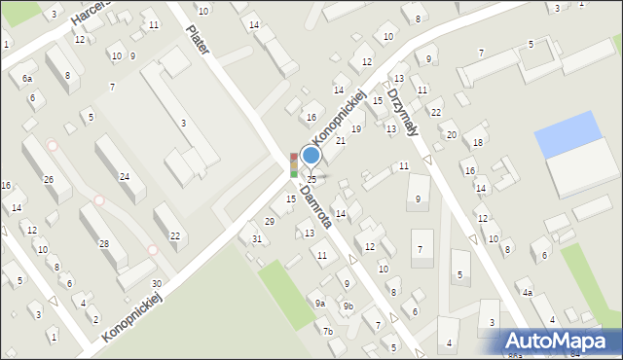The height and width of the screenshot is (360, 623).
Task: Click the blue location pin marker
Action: [x=311, y=156]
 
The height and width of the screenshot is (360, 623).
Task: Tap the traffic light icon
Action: [x=294, y=164]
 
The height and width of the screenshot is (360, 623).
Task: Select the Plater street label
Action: [x=200, y=39]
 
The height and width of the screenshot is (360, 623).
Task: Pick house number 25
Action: [x=311, y=179]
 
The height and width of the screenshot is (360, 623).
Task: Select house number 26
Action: [x=49, y=179]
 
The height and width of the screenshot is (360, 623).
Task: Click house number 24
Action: [x=125, y=176]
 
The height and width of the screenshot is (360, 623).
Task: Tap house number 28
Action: [x=104, y=243]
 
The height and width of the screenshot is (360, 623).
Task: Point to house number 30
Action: [x=156, y=283]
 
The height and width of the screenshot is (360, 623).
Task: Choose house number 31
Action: [x=257, y=238]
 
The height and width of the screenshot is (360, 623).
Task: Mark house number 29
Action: [x=270, y=222]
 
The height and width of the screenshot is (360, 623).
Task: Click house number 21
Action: [x=341, y=141]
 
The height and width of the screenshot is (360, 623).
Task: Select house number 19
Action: [x=357, y=128]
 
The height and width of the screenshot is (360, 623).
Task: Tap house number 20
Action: [x=451, y=134]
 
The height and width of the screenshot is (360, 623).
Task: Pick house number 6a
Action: [x=27, y=78]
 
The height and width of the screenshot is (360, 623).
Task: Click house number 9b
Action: [x=348, y=306]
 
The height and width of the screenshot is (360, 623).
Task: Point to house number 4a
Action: [x=527, y=292]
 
